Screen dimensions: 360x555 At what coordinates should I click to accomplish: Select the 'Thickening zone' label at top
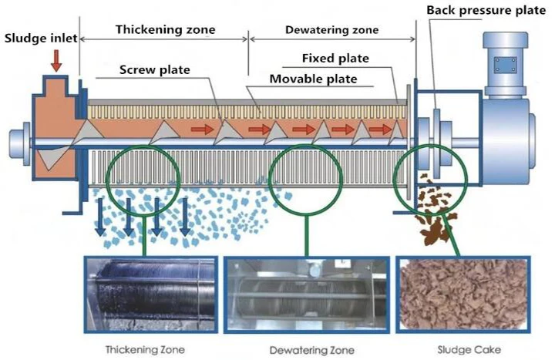point(165,29)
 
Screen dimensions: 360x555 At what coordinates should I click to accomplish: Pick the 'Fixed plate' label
point(335,58)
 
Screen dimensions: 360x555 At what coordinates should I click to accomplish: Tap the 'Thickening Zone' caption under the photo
point(143,349)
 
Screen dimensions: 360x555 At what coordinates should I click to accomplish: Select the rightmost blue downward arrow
point(185,219)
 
